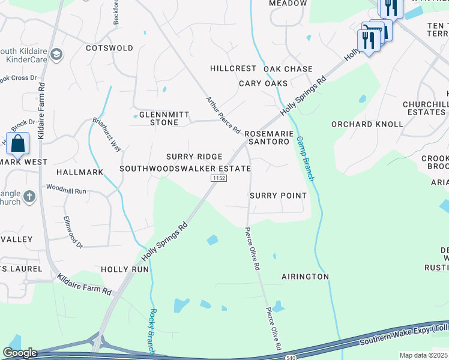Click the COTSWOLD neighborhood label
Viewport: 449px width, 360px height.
(109, 48)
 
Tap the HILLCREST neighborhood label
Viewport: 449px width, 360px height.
(233, 69)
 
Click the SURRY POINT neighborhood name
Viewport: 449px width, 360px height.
(278, 196)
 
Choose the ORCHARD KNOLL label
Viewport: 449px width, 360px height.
(367, 124)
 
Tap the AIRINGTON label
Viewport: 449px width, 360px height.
(305, 277)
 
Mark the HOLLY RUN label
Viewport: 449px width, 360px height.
(124, 270)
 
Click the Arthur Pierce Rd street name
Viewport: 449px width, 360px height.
(223, 115)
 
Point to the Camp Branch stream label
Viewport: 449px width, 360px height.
(306, 159)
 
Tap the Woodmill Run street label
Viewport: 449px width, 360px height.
(66, 190)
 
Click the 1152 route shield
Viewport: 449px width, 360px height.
(218, 179)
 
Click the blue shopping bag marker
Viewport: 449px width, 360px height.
(18, 143)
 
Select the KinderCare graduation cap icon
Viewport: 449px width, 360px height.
(57, 55)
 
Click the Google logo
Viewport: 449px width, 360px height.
(20, 353)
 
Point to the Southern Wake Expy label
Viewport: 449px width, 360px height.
(402, 335)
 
